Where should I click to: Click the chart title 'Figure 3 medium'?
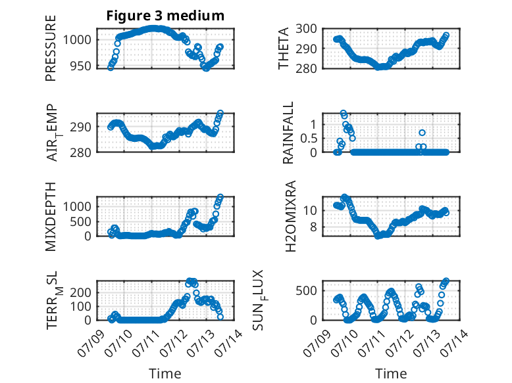[165, 16]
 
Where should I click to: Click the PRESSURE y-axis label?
[51, 48]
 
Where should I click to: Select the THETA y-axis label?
[284, 48]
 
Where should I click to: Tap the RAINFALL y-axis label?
[288, 133]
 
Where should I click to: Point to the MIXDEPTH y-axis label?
[51, 216]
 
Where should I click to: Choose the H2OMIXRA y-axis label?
[290, 216]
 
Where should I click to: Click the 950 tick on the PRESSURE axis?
[81, 66]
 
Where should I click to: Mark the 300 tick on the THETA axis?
[306, 29]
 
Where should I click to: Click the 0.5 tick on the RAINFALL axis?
[309, 138]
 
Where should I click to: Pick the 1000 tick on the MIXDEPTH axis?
[77, 206]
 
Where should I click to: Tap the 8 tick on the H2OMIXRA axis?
[313, 227]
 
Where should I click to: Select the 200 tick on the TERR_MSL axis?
[81, 292]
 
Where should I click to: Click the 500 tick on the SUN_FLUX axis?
[306, 290]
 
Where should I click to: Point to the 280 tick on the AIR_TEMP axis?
[81, 152]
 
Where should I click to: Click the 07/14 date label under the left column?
[228, 340]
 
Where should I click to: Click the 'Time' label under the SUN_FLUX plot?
[391, 373]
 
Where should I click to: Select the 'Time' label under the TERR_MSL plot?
[165, 373]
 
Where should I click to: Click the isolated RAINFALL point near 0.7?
[422, 133]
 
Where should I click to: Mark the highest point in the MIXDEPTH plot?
[220, 197]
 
